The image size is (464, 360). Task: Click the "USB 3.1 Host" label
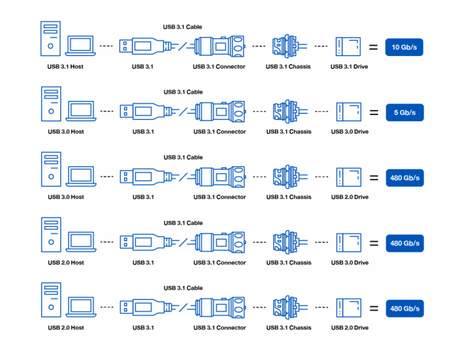66,66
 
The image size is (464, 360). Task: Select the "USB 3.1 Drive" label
349,66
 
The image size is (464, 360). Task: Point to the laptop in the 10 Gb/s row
80,46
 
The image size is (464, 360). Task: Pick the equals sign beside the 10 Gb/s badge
373,47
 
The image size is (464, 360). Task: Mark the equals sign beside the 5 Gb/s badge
373,112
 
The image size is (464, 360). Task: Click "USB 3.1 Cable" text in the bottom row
183,288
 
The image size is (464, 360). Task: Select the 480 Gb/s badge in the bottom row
405,308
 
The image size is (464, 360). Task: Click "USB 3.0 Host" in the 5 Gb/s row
66,132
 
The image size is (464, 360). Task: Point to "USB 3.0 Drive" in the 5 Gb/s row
349,132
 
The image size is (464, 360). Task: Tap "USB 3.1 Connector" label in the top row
219,66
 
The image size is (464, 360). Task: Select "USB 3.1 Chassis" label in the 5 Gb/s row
289,132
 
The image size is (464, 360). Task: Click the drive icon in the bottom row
349,308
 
